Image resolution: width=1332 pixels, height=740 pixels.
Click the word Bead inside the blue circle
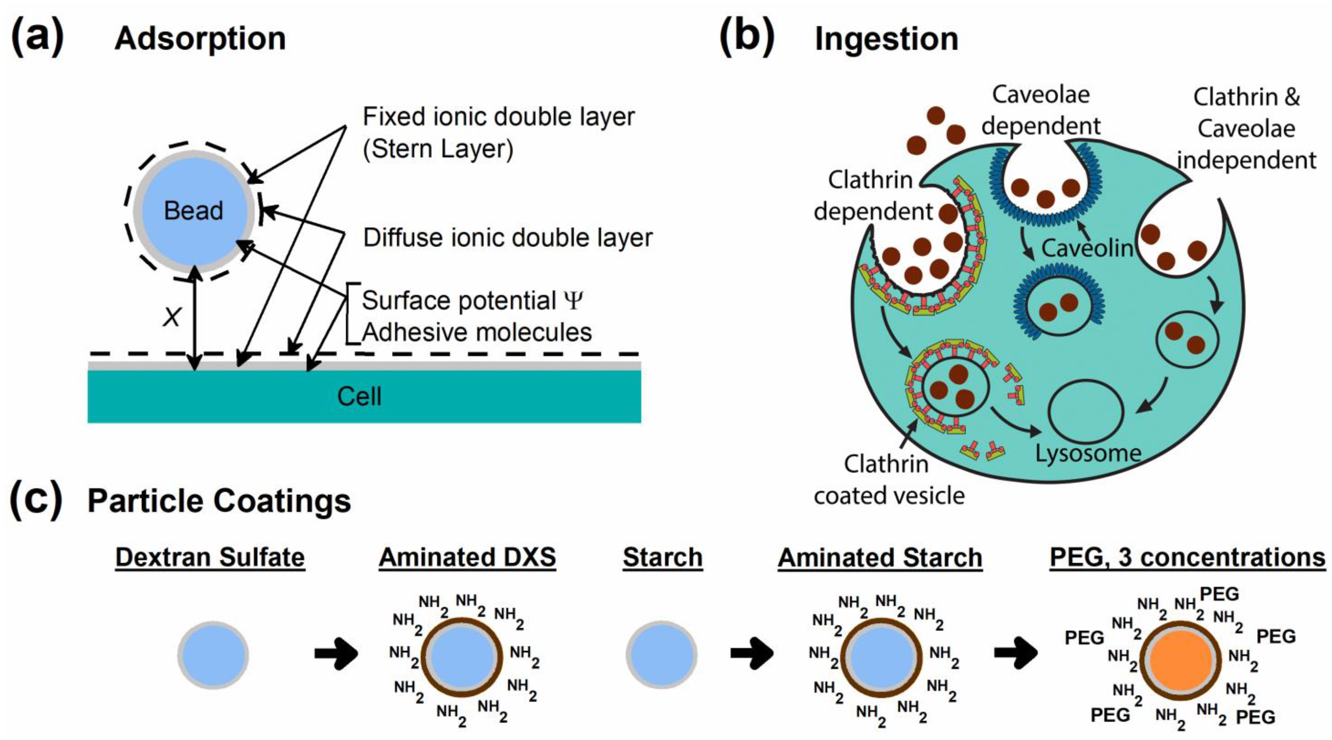coord(193,211)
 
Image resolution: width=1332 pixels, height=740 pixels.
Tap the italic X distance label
coord(172,317)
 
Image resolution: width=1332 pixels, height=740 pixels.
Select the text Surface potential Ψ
coord(473,301)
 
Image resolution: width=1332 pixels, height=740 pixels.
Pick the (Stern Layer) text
coord(438,149)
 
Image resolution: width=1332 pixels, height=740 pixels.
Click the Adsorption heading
coord(200,39)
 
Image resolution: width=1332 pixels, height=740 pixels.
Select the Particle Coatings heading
coord(219,501)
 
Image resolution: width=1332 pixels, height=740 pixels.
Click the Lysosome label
coord(1088,454)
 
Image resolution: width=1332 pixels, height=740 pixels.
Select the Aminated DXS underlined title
coord(467,558)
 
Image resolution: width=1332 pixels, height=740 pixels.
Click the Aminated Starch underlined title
coord(880,558)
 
